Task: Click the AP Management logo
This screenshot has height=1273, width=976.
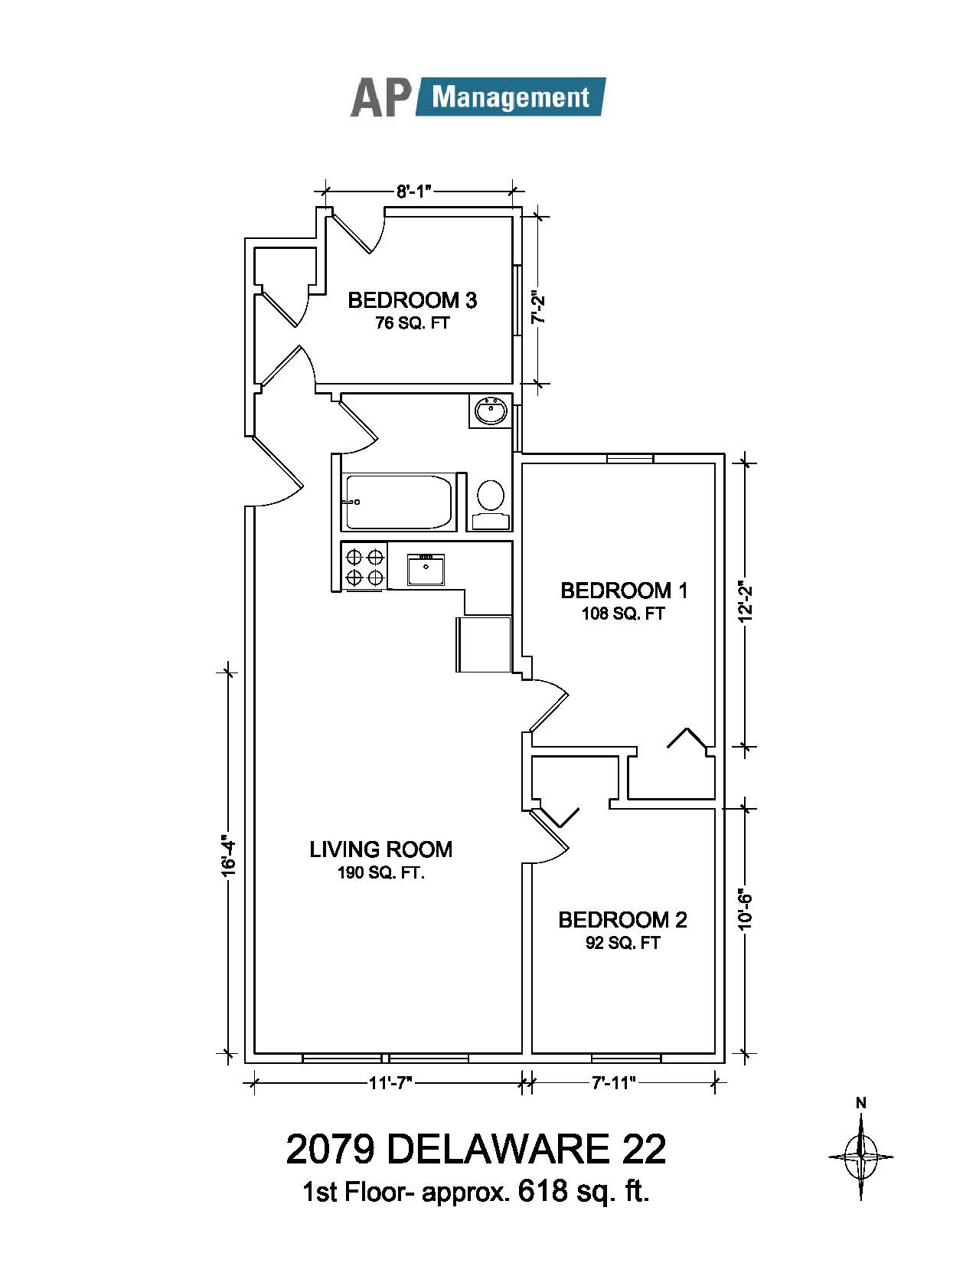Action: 478,97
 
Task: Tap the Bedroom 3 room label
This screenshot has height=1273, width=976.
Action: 412,300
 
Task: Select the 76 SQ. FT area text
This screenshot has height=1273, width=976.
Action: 412,322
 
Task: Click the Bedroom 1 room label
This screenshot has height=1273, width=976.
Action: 624,591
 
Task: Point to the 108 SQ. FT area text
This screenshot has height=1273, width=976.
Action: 623,614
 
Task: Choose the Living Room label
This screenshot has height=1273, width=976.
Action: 381,850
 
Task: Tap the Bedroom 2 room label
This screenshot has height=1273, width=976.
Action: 622,921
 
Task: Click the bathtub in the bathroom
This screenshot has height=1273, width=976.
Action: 399,502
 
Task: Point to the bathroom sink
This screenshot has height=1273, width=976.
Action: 491,411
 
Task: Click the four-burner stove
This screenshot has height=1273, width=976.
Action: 366,567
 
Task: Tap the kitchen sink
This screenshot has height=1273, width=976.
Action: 426,569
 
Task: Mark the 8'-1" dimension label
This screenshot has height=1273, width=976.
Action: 415,191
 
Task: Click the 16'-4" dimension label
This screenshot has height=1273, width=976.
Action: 228,858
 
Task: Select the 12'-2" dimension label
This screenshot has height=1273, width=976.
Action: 746,604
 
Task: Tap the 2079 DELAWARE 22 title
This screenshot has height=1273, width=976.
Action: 476,1150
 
